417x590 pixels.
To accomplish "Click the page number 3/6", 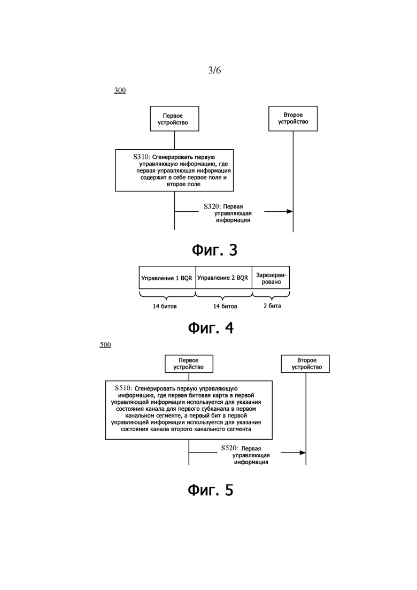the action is coord(214,70).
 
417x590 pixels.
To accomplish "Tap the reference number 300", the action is coord(120,90).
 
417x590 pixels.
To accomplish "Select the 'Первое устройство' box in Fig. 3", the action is coord(174,119).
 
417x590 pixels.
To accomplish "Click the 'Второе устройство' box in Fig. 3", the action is coord(293,119).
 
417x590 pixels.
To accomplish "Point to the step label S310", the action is coord(141,157).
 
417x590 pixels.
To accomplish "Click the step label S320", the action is coord(212,206).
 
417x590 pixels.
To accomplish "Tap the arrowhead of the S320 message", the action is coord(290,211).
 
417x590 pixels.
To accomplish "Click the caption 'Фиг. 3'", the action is coord(214,250).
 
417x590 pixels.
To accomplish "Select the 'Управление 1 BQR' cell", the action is coord(167,278).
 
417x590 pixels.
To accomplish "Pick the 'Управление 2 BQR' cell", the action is coord(223,278).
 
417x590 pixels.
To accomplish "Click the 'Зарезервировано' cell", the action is coord(271,278).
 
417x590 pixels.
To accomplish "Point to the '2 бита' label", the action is coord(272,306).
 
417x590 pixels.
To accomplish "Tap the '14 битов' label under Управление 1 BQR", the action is coord(165,307).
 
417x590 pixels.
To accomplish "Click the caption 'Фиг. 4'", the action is coord(211,328).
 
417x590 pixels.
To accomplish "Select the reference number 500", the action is coord(105,345).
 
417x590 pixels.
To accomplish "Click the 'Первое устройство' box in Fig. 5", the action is coord(189,364).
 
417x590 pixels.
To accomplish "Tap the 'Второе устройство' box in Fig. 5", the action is coord(305,364).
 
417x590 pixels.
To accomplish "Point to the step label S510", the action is coord(123,388).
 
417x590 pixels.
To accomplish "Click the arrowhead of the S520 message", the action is coord(303,453).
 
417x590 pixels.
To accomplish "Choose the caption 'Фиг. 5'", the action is coord(211,491).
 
